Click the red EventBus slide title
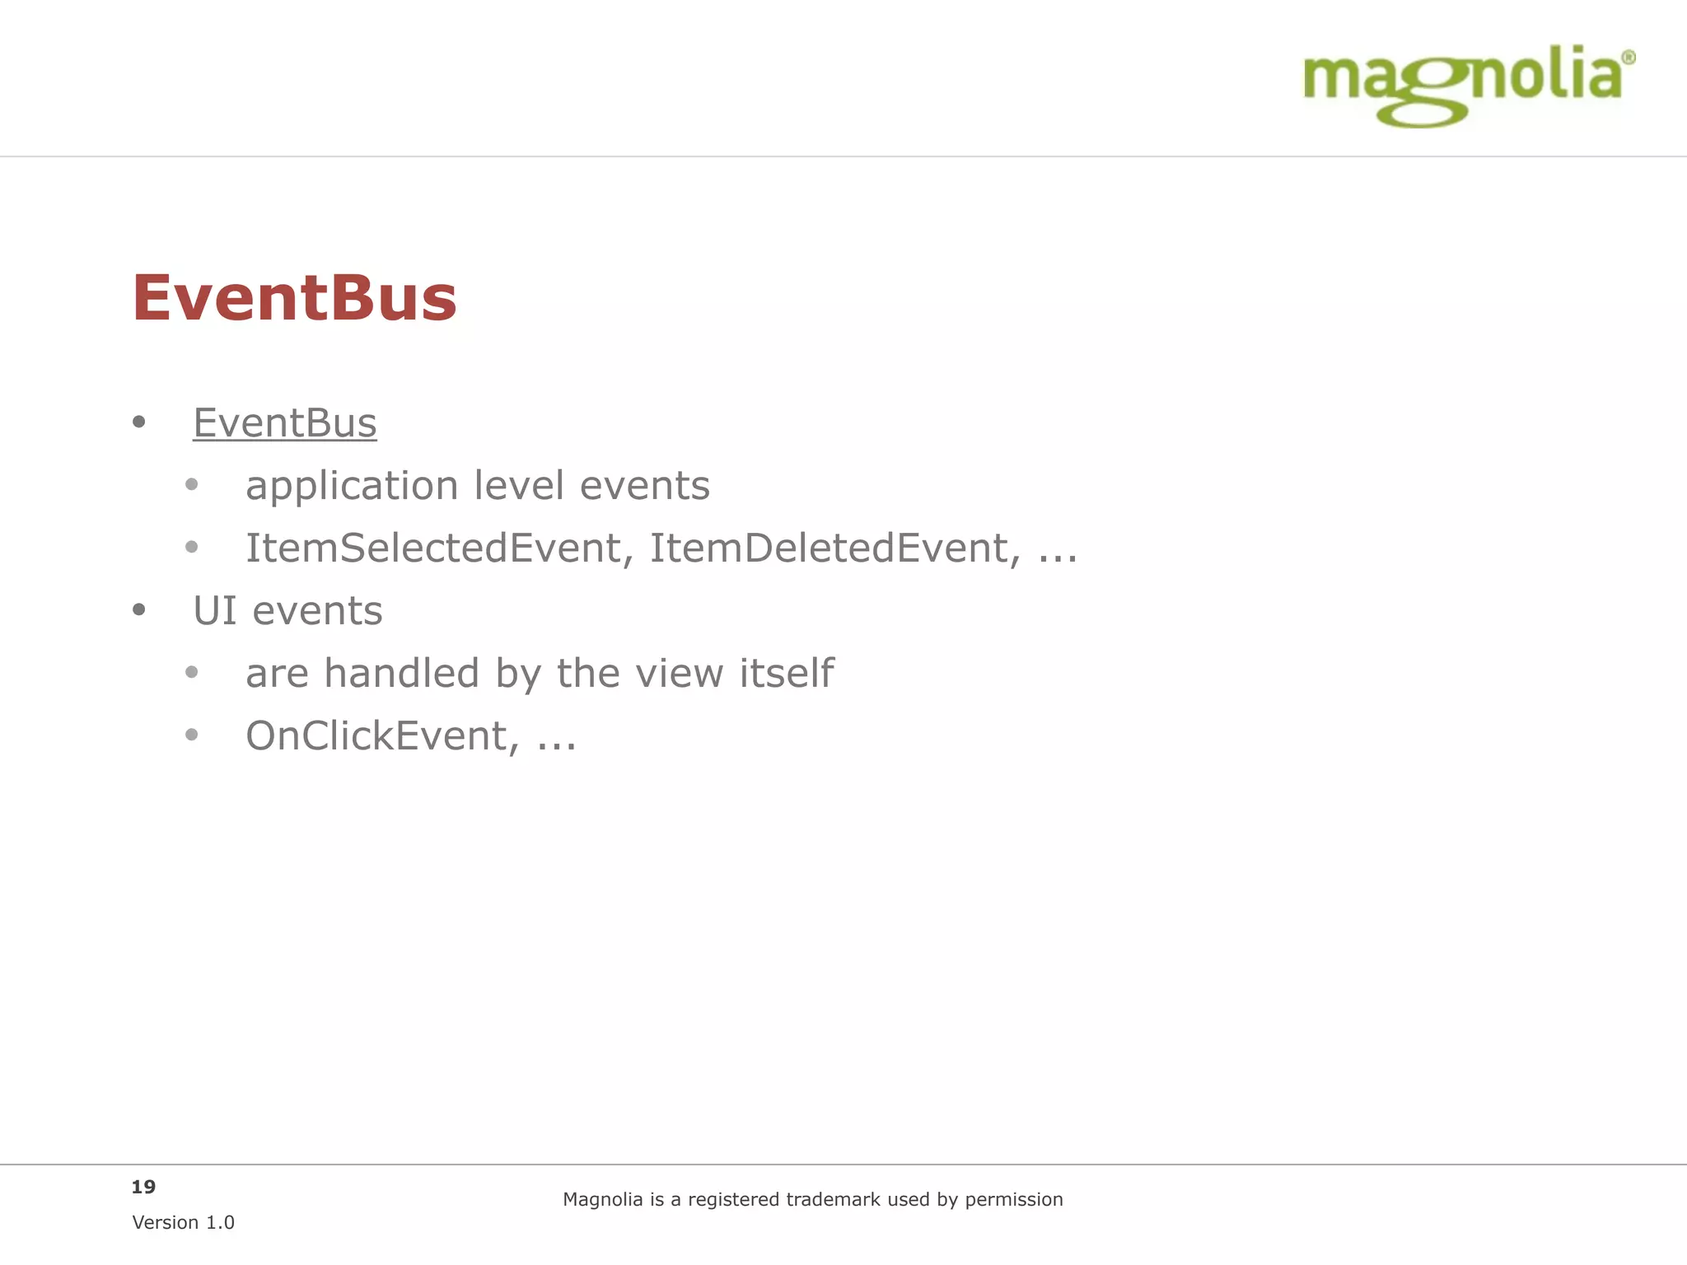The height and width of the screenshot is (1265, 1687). [x=294, y=298]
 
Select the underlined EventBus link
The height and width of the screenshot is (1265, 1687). [x=284, y=423]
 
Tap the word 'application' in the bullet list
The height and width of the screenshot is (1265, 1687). [x=352, y=486]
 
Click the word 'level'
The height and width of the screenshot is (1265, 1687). [x=518, y=486]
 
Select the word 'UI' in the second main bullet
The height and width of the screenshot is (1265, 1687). [x=214, y=611]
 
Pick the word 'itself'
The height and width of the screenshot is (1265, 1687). [x=786, y=674]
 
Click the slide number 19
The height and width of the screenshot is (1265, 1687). [x=143, y=1187]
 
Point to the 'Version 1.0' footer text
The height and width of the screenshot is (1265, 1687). [x=183, y=1223]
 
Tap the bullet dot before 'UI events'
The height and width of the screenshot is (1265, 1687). [x=139, y=610]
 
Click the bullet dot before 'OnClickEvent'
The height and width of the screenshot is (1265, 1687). [x=192, y=735]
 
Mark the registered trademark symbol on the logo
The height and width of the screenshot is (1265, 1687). [x=1628, y=58]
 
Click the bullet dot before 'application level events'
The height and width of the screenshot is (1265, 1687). [x=192, y=484]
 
